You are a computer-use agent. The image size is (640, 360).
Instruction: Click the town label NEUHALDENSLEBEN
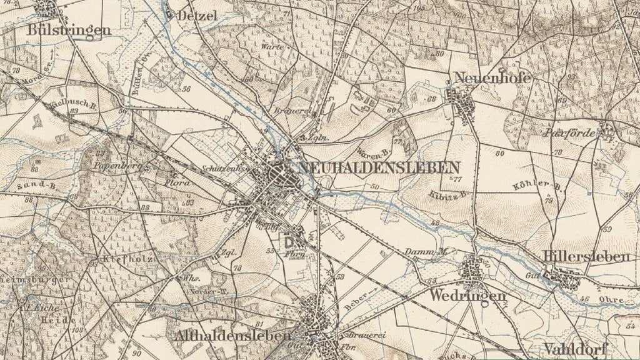pyautogui.click(x=379, y=167)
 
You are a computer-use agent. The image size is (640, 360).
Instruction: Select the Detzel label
pyautogui.click(x=197, y=16)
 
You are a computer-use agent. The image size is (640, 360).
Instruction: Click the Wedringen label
pyautogui.click(x=467, y=295)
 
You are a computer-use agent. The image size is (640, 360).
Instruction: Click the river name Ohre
pyautogui.click(x=612, y=301)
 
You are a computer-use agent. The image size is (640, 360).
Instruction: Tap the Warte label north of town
pyautogui.click(x=272, y=47)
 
